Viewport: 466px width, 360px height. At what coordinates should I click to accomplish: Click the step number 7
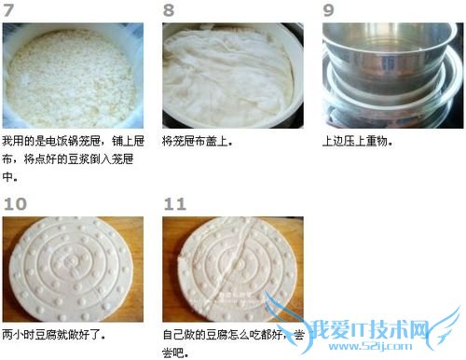click(x=8, y=9)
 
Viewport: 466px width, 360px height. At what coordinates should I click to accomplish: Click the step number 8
click(x=169, y=9)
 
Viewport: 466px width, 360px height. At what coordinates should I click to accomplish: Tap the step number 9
click(x=328, y=9)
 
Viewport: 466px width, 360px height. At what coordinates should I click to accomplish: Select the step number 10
click(x=15, y=204)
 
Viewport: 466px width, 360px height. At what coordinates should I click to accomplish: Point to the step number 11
click(x=175, y=204)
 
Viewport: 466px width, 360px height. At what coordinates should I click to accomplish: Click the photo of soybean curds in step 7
click(x=73, y=76)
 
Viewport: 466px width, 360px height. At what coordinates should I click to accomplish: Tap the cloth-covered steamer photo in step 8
click(x=233, y=76)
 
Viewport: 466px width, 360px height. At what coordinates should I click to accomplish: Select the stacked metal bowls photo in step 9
click(x=392, y=76)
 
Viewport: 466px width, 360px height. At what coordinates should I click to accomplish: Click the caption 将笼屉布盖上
click(x=197, y=142)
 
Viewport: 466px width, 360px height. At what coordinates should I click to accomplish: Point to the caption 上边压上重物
click(x=357, y=142)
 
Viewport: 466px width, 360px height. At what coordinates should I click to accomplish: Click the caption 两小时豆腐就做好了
click(x=53, y=335)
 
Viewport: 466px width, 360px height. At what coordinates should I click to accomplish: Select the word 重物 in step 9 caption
click(x=376, y=142)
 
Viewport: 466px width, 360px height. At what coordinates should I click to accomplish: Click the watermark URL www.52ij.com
click(x=370, y=346)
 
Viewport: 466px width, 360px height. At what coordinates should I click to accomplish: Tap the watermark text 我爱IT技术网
click(x=371, y=329)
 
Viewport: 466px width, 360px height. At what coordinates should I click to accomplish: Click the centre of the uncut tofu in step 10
click(x=72, y=269)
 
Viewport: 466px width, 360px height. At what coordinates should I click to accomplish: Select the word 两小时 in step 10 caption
click(x=18, y=335)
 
